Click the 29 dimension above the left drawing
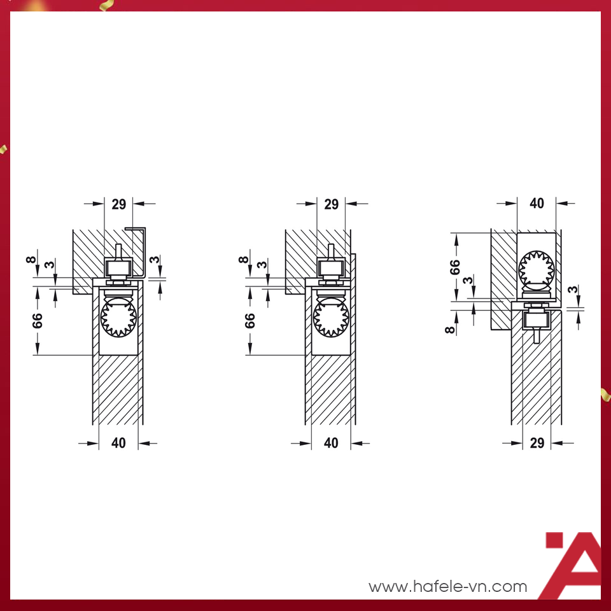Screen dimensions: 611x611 [119, 204]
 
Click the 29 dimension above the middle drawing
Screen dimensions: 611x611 [332, 204]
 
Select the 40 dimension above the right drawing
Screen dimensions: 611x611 [537, 203]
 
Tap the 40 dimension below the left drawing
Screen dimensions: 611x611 [118, 443]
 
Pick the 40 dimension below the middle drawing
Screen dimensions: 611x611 [331, 443]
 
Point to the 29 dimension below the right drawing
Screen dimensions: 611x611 [537, 443]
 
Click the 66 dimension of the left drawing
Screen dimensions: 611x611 [38, 321]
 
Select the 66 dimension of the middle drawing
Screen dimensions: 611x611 [249, 321]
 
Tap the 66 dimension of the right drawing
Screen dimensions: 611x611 [454, 267]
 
